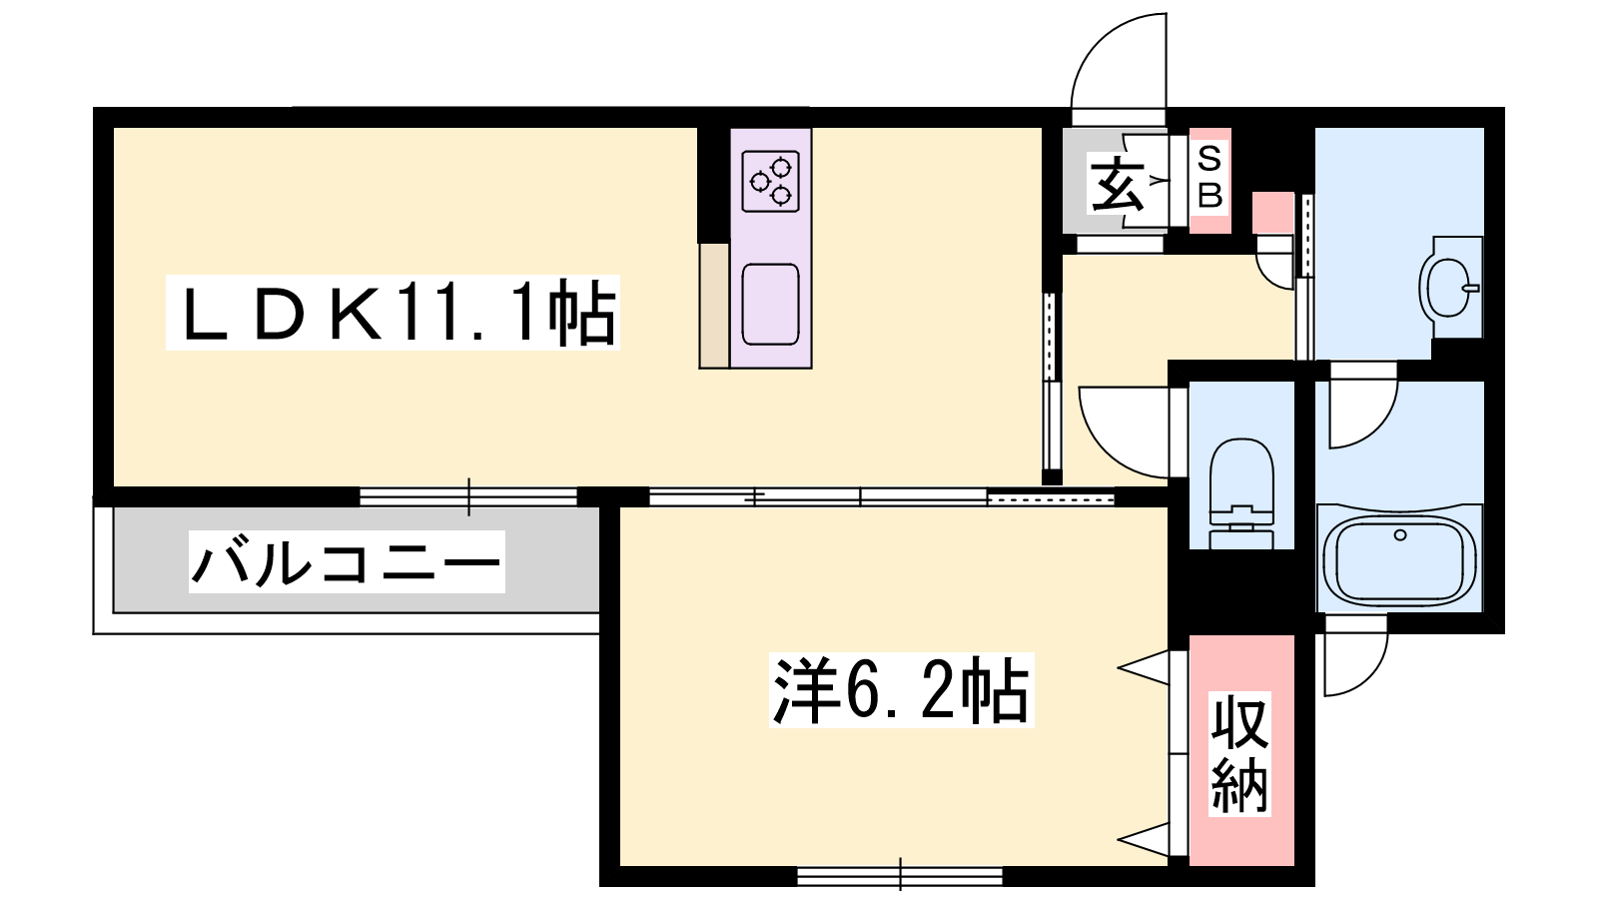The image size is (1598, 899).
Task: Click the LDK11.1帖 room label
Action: tap(393, 312)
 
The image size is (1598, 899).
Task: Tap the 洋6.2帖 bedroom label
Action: tap(902, 690)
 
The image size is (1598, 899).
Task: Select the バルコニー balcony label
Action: tap(347, 561)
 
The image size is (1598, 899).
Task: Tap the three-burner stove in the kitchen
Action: tap(770, 181)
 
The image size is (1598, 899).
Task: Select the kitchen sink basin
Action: tap(770, 304)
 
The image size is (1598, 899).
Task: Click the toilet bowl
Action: tap(1241, 493)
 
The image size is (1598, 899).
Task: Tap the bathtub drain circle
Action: tap(1400, 535)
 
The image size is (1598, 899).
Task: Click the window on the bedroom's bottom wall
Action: tap(900, 876)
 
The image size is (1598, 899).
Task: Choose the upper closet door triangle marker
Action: tap(1143, 667)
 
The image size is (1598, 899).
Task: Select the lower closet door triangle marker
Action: tap(1143, 839)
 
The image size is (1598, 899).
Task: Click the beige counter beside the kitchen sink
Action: tap(714, 306)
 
